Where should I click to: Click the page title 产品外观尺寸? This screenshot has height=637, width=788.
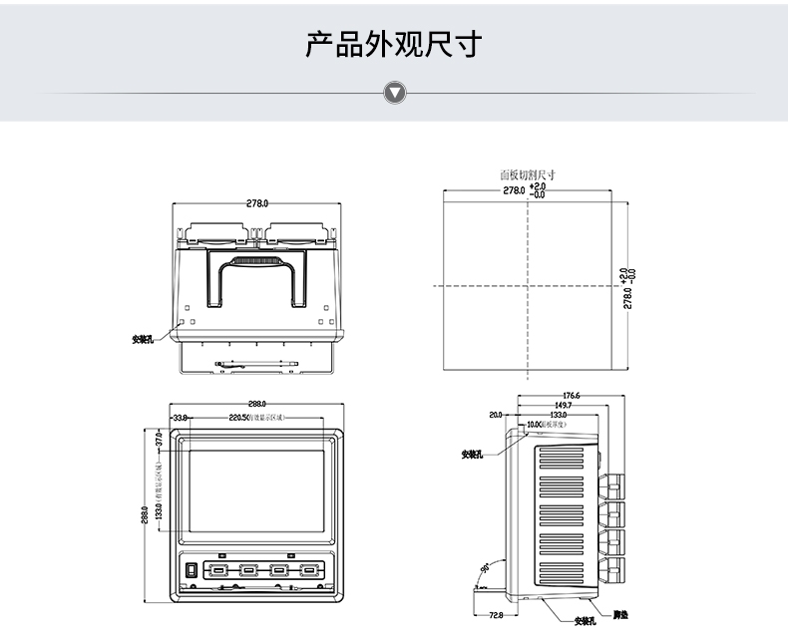pyautogui.click(x=394, y=45)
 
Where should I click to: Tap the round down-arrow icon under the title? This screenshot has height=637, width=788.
pyautogui.click(x=395, y=94)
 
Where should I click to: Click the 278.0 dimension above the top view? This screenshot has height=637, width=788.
pyautogui.click(x=256, y=203)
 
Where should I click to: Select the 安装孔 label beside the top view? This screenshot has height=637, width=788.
pyautogui.click(x=143, y=339)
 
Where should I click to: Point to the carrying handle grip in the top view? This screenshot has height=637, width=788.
pyautogui.click(x=256, y=263)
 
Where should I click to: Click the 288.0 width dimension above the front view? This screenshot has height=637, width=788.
pyautogui.click(x=257, y=403)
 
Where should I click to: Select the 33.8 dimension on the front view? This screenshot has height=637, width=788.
pyautogui.click(x=181, y=417)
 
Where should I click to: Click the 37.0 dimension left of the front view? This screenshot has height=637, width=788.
pyautogui.click(x=158, y=438)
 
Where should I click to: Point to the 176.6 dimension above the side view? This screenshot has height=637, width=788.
pyautogui.click(x=572, y=396)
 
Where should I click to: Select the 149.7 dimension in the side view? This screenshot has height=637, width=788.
pyautogui.click(x=564, y=406)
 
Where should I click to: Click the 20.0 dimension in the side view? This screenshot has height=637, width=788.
pyautogui.click(x=496, y=415)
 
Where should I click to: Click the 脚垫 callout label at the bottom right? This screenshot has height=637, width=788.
pyautogui.click(x=620, y=614)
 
